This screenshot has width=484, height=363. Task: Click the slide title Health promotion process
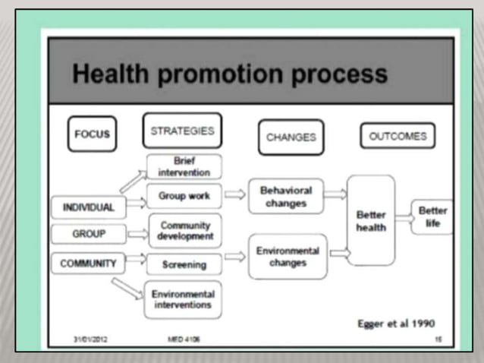(229, 74)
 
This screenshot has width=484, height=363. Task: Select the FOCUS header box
(92, 134)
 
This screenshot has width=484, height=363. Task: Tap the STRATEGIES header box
(182, 131)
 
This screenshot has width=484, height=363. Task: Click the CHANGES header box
(291, 137)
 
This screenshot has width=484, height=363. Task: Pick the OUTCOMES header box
(398, 137)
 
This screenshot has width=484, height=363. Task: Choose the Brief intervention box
(183, 166)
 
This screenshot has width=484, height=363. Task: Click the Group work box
(183, 196)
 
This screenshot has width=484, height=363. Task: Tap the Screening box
(183, 264)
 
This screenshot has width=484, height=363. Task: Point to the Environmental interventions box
(182, 299)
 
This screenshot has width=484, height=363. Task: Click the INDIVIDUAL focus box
(89, 207)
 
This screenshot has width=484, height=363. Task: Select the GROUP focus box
(89, 234)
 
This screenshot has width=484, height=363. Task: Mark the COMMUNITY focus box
(89, 264)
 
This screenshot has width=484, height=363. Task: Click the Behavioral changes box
(285, 197)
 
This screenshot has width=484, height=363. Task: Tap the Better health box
(371, 220)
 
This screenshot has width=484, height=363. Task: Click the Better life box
(432, 217)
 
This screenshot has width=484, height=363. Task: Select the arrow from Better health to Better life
(404, 218)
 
